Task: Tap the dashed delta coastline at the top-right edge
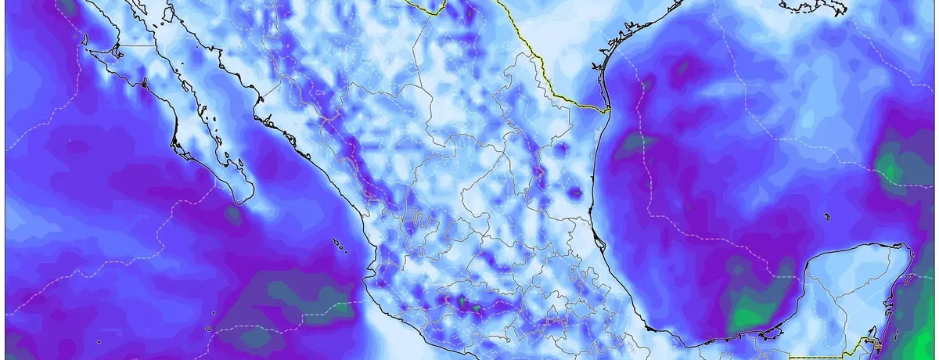pos(814,7)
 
